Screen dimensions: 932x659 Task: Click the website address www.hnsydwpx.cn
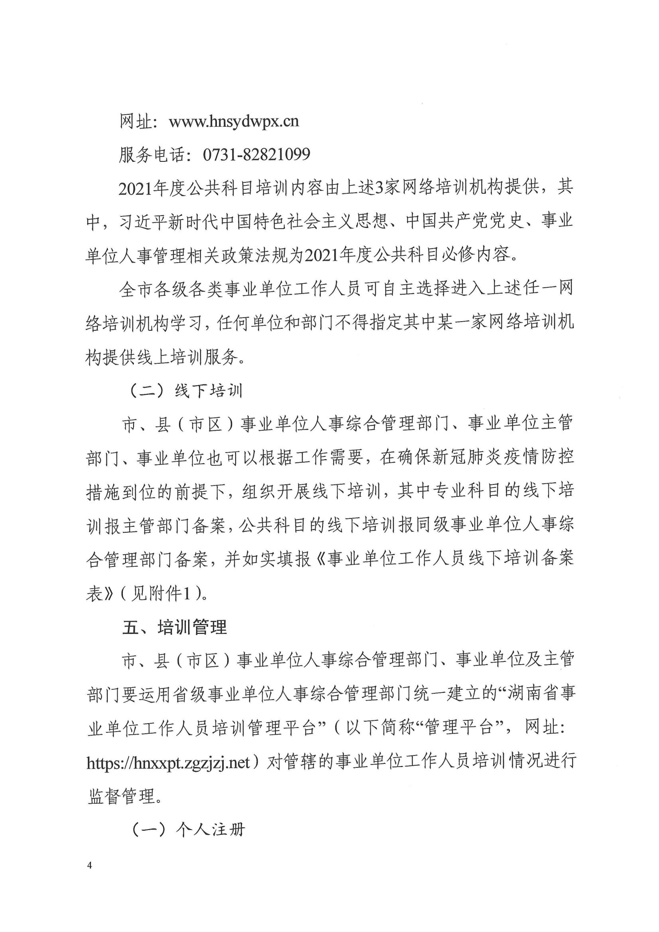point(234,122)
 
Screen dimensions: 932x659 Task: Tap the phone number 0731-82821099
point(256,155)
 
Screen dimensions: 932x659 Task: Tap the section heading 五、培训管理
point(175,628)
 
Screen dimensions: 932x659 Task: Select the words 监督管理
point(122,797)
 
